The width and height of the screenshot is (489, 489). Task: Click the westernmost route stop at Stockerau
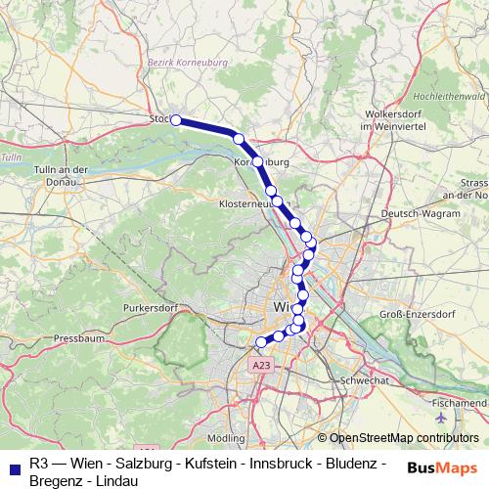176,120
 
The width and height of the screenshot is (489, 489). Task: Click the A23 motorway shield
258,365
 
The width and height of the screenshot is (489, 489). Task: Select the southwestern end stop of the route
261,341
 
